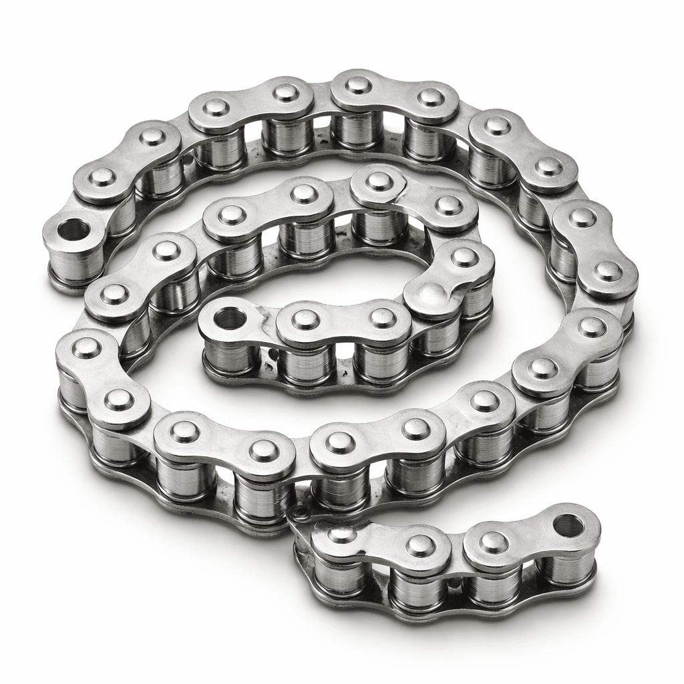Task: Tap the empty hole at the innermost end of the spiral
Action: [x=230, y=318]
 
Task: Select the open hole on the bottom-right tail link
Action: [x=568, y=525]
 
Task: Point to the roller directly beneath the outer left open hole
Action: [x=75, y=264]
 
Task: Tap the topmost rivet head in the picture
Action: [x=359, y=85]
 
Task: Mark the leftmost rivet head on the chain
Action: [x=85, y=347]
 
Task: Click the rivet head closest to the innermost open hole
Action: [x=305, y=319]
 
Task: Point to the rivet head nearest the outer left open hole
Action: [x=102, y=177]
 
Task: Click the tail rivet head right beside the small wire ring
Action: [x=342, y=535]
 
